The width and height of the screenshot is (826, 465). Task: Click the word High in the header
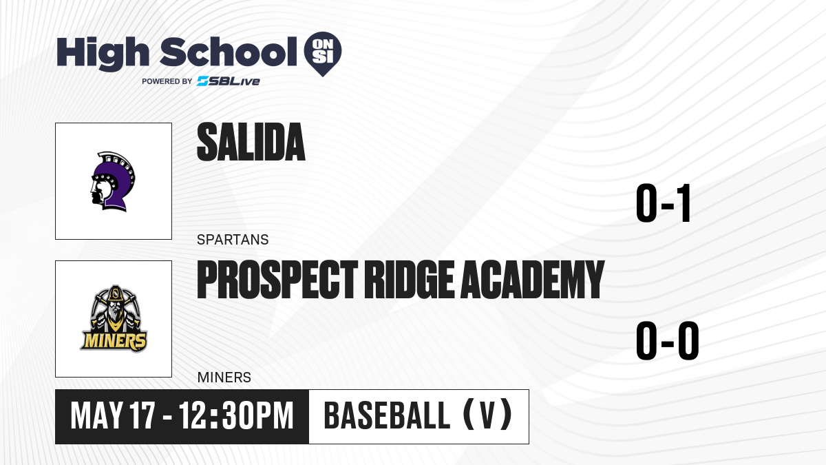tap(103, 54)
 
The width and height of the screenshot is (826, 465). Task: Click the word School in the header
tap(229, 52)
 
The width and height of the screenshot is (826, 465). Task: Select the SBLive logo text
tap(229, 81)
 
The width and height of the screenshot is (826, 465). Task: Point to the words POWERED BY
tap(167, 81)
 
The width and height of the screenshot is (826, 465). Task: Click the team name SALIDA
tap(251, 142)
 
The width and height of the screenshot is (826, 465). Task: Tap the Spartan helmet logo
tap(113, 181)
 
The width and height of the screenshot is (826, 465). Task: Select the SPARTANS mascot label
tap(233, 240)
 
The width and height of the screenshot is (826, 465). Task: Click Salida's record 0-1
tap(663, 203)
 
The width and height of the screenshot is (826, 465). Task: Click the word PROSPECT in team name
tap(277, 280)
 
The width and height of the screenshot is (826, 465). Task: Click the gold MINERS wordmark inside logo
tap(114, 341)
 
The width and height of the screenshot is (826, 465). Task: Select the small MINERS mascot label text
tap(224, 378)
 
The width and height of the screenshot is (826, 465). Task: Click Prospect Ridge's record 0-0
tap(668, 340)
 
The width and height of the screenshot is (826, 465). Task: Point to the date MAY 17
tap(112, 416)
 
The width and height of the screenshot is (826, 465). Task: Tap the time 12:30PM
tap(236, 416)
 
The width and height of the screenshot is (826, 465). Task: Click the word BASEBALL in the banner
tap(387, 415)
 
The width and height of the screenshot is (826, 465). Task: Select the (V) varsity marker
tap(487, 415)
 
